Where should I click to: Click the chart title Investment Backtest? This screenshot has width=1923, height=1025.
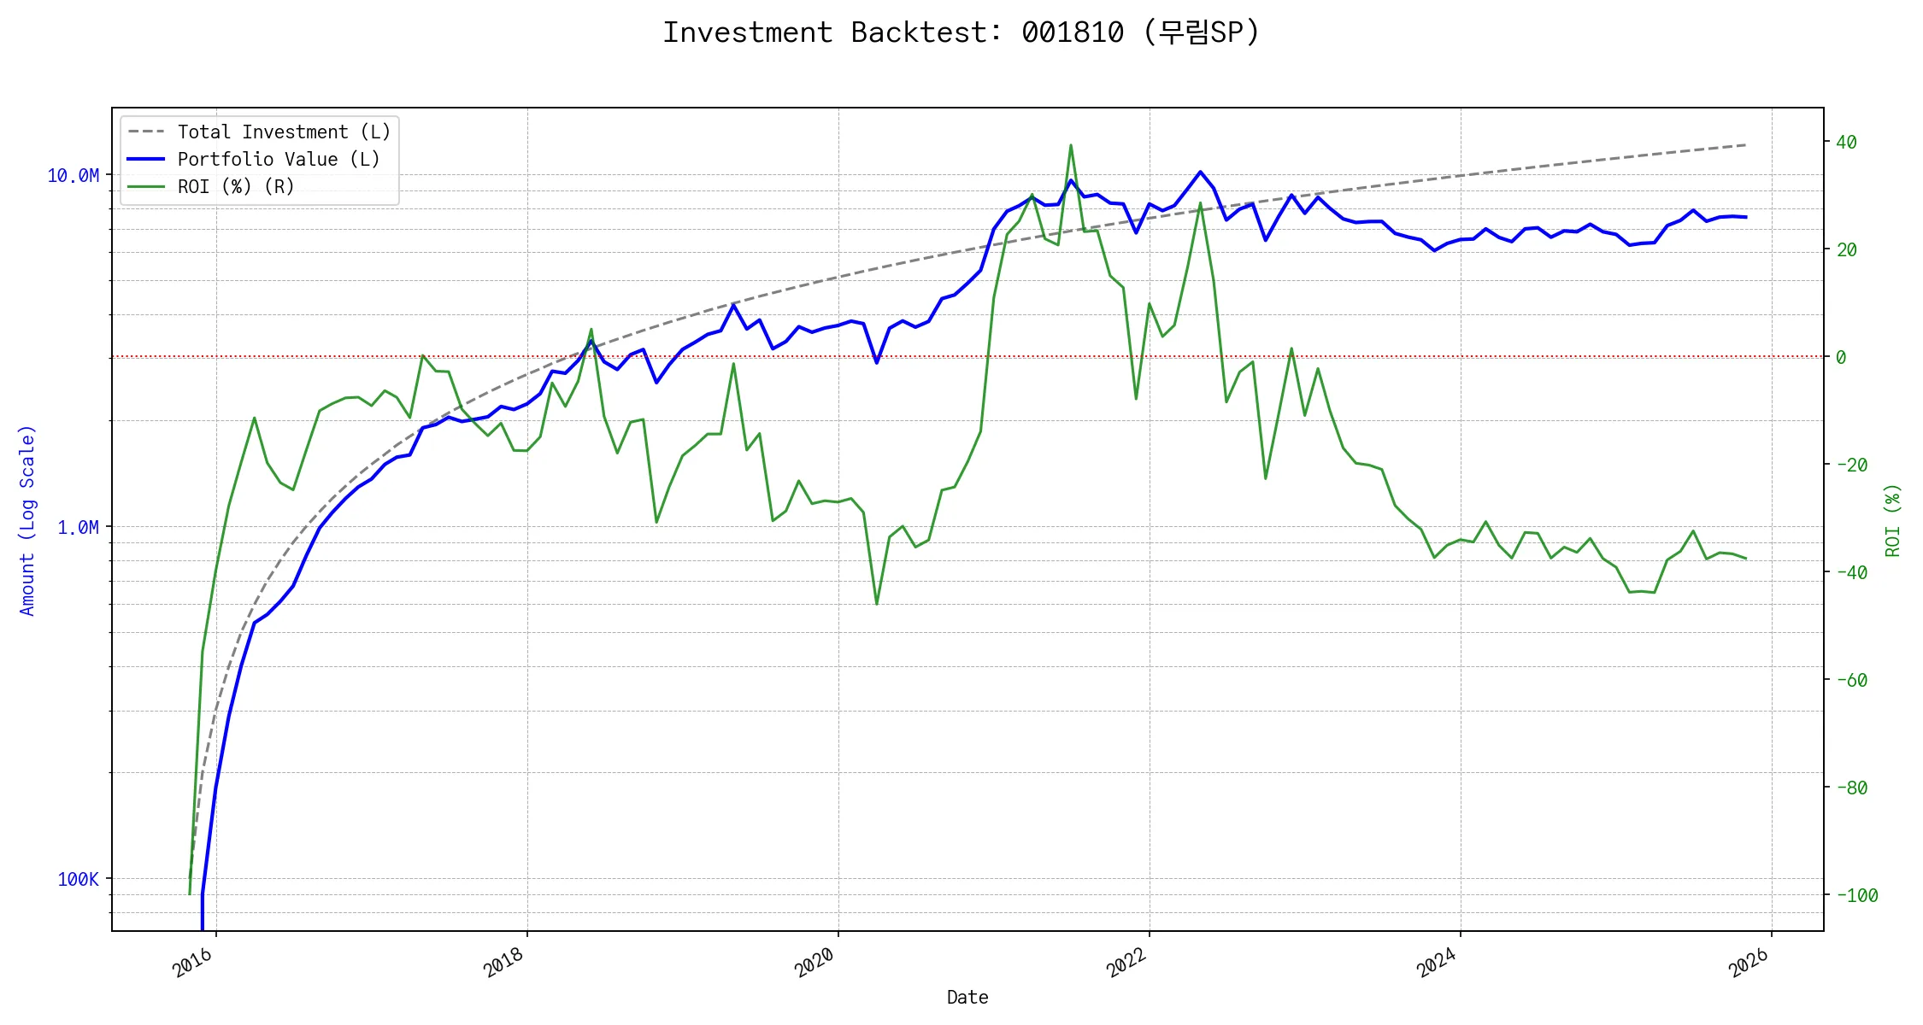(961, 32)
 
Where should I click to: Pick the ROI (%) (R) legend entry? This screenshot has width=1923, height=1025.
(236, 187)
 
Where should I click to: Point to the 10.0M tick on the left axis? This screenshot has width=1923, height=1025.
(73, 176)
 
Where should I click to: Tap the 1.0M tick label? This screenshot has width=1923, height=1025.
(78, 528)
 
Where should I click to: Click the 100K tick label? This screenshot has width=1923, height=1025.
(78, 880)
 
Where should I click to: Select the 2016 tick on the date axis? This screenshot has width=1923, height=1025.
(193, 963)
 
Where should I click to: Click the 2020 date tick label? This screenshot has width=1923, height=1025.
(815, 963)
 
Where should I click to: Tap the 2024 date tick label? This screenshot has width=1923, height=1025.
(1438, 963)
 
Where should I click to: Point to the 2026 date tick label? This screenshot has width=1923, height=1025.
(1749, 963)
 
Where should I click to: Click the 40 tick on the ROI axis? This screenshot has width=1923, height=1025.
(1846, 143)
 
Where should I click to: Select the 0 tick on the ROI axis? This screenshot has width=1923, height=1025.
(1841, 358)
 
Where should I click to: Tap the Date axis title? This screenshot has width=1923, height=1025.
(967, 998)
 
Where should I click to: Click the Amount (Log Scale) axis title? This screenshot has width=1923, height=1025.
(27, 520)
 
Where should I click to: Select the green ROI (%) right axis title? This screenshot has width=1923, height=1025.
(1893, 520)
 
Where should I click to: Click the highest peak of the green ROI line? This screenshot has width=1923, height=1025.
(1070, 145)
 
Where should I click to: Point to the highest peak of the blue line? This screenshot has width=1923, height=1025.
(1201, 172)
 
